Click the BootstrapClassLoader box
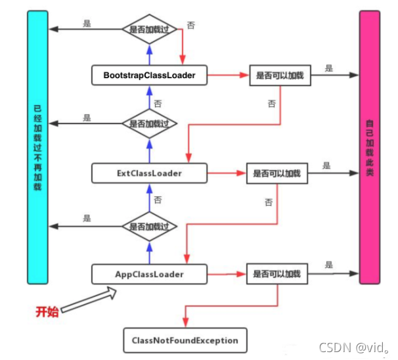[x=149, y=76]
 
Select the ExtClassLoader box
[x=149, y=173]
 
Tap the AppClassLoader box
[x=149, y=273]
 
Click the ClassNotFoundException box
[x=185, y=340]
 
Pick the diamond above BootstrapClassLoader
[x=149, y=30]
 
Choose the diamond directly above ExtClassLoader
[x=149, y=124]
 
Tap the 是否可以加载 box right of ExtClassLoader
[x=276, y=174]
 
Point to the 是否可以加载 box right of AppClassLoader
[x=276, y=273]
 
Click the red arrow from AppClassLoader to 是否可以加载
[x=226, y=273]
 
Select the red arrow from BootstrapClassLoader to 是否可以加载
[x=227, y=76]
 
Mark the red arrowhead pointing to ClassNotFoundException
[x=185, y=323]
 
